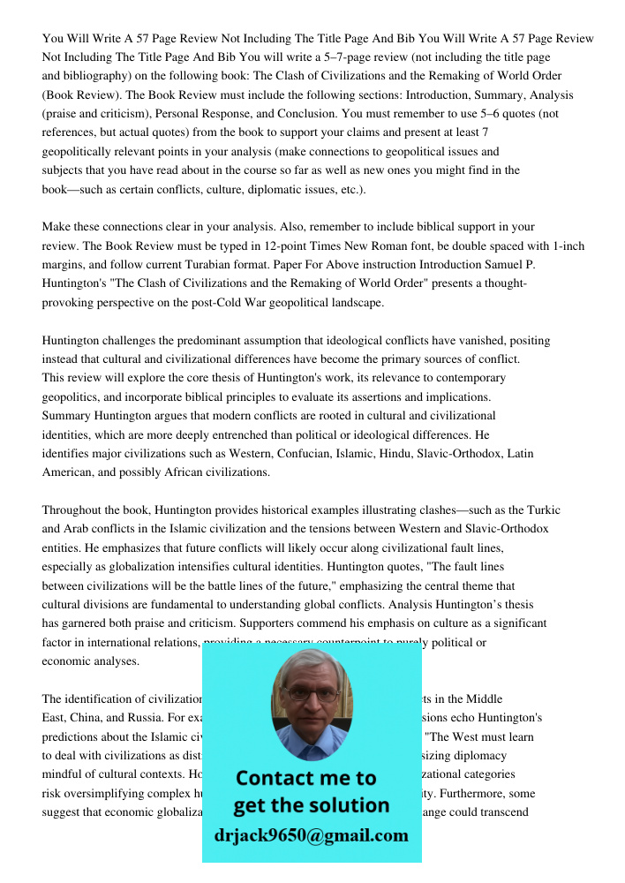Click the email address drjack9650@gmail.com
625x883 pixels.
coord(311,835)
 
